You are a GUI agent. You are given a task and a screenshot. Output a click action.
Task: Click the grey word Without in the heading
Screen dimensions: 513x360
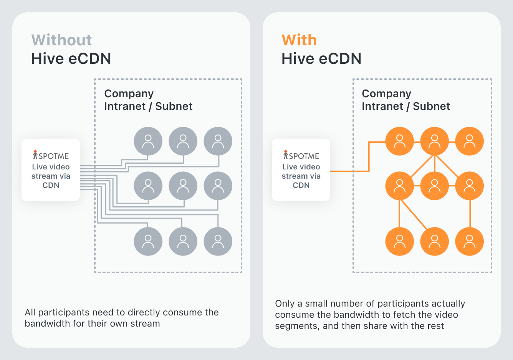(61, 40)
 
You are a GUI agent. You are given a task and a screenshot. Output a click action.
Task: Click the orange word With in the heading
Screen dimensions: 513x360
(299, 40)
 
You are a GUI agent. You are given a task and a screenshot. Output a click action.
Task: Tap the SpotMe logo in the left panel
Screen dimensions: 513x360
(51, 155)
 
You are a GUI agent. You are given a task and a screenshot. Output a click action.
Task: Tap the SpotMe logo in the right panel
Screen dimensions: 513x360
(301, 155)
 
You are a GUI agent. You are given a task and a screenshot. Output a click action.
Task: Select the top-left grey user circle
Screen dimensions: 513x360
(148, 141)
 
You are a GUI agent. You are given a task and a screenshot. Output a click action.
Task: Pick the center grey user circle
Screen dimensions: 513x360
(183, 186)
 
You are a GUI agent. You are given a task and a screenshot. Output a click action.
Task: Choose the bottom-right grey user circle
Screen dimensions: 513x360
(218, 242)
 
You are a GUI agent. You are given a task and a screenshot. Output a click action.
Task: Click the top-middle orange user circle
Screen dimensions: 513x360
(434, 141)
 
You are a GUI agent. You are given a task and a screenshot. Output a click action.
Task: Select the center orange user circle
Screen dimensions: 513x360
(434, 186)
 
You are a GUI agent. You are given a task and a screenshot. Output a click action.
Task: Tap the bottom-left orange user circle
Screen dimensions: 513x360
(400, 242)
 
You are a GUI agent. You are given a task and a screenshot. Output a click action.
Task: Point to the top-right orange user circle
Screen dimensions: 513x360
(470, 141)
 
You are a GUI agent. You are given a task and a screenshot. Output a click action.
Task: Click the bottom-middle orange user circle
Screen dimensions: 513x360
(434, 242)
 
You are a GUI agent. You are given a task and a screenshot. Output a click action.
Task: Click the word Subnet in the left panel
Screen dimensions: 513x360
(174, 106)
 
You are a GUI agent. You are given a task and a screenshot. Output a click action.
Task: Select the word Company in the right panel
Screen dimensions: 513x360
(387, 94)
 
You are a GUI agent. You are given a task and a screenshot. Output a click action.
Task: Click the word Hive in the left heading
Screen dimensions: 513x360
(47, 59)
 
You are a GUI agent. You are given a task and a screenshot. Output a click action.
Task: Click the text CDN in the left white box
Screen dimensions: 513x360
(51, 185)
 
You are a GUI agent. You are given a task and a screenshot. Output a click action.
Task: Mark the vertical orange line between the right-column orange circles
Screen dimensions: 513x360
(470, 214)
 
